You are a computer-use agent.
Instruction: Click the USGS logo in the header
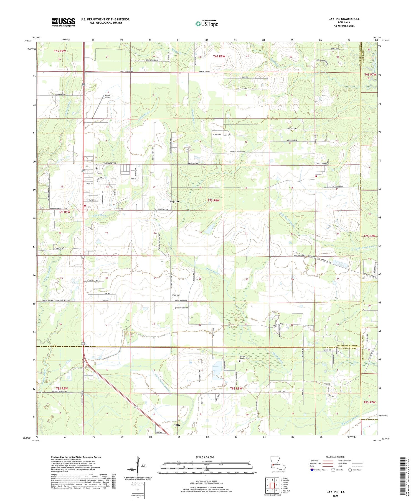63,22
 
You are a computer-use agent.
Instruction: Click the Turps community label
176,295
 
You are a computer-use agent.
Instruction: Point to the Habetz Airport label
108,96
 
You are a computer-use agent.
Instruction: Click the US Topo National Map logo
207,24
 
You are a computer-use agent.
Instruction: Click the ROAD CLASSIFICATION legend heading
336,457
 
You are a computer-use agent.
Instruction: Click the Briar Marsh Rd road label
181,300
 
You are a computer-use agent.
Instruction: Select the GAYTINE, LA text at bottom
335,492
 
